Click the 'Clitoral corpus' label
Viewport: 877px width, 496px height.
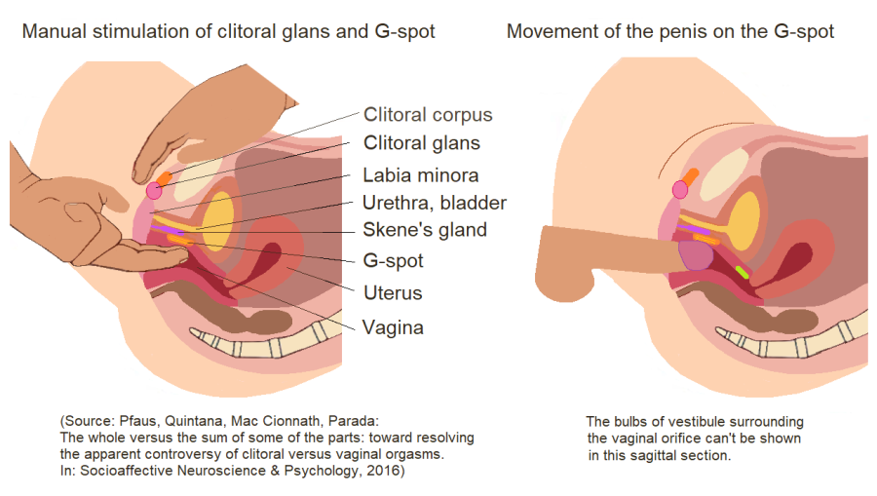[x=428, y=114]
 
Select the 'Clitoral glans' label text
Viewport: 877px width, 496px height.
[x=421, y=143]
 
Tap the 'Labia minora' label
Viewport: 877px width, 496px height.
[x=421, y=175]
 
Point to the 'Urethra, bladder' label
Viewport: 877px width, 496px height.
[x=434, y=203]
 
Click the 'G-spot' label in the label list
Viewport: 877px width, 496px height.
[x=393, y=261]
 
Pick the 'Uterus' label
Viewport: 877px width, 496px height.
[x=393, y=292]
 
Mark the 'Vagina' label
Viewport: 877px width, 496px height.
[x=393, y=327]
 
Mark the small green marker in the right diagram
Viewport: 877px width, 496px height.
[x=743, y=272]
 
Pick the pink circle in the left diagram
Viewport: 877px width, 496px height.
[x=153, y=192]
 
